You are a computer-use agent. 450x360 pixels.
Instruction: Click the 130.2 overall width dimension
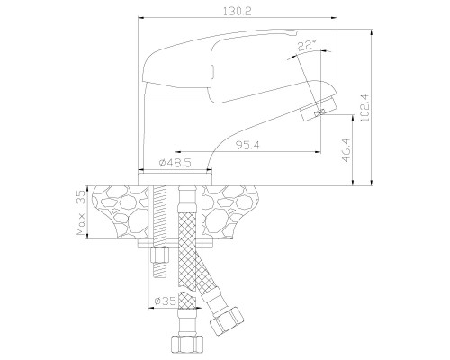(x=238, y=12)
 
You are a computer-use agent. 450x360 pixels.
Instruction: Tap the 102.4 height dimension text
(x=365, y=107)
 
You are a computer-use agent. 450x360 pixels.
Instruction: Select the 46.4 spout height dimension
(x=346, y=150)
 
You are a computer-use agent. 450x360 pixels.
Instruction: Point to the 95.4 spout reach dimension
(x=247, y=145)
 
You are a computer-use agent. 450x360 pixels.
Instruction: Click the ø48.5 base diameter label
(x=175, y=163)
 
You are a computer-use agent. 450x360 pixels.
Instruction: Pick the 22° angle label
(x=307, y=45)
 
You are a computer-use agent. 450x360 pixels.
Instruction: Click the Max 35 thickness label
(x=81, y=211)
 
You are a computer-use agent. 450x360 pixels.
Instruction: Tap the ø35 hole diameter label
(x=165, y=301)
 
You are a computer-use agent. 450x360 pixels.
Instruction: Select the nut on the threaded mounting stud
(x=160, y=255)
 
